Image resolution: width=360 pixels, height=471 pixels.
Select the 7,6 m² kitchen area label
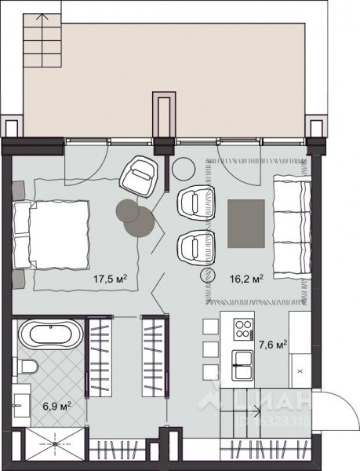point(272,342)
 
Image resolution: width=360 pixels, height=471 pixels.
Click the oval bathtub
point(49,335)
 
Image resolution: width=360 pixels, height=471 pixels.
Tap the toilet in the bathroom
point(27,367)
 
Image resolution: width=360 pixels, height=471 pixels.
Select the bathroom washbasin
point(20,407)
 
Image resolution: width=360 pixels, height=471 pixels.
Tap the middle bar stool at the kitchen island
point(209,349)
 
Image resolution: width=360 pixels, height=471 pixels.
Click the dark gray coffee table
point(246,225)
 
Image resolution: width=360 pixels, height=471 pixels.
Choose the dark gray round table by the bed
point(126,210)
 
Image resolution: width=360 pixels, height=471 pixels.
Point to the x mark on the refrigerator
point(300,367)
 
